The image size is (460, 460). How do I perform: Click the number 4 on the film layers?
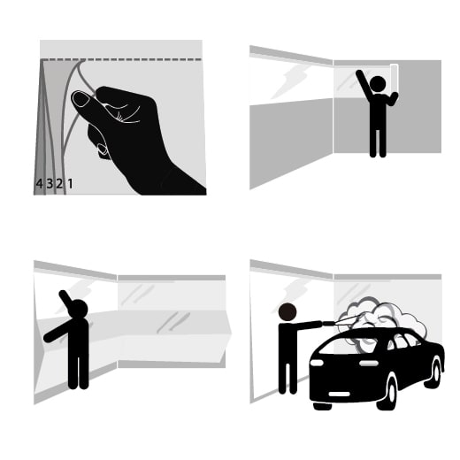(39, 184)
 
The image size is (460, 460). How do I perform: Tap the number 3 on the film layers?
(50, 184)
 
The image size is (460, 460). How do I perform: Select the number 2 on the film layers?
(59, 184)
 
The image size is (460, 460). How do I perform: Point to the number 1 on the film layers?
(70, 184)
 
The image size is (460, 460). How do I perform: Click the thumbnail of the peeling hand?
(80, 99)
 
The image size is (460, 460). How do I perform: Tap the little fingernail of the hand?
(103, 149)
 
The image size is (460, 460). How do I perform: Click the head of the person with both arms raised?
(378, 83)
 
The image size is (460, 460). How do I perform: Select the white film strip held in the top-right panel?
(394, 78)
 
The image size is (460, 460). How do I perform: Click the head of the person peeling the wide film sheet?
(78, 309)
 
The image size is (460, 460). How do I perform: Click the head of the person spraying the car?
(287, 312)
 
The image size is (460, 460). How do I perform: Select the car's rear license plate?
(339, 394)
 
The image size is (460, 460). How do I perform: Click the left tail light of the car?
(317, 363)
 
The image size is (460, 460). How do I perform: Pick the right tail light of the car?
(369, 364)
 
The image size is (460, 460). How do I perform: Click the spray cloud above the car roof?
(383, 320)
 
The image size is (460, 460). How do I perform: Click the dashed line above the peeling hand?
(121, 59)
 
